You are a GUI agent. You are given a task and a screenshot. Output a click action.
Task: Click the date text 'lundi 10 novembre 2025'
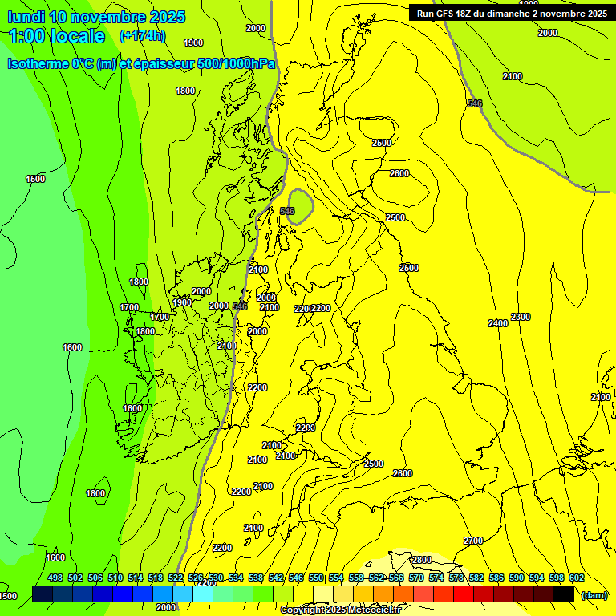coord(96,17)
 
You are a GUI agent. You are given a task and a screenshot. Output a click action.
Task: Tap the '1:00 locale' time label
coord(57,36)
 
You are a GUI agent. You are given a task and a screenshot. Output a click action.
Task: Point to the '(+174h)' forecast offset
coord(142,36)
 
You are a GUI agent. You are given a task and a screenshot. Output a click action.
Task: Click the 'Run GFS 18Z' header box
coord(511,13)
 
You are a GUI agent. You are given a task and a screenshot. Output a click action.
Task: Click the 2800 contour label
coord(422,560)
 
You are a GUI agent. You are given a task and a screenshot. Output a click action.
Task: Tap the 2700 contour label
coord(473,541)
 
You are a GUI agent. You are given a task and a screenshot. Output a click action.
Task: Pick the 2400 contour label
coord(498,323)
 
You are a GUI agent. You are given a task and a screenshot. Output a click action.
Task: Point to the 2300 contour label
coord(521,318)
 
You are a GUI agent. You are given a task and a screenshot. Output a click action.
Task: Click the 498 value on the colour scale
coord(55,577)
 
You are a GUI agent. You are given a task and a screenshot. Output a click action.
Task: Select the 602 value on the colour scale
coord(577,577)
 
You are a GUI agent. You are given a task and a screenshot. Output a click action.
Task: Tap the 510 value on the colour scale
coord(115,577)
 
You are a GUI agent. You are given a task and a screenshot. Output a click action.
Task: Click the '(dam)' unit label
coord(594,594)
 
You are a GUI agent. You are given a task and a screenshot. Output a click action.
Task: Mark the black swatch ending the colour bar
coord(563,594)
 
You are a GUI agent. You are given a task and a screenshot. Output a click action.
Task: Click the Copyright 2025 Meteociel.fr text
coord(340,610)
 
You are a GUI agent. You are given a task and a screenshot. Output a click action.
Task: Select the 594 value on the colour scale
coord(537,577)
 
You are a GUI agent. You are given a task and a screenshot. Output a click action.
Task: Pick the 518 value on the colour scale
coord(156,577)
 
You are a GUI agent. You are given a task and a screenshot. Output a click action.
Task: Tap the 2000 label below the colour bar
coord(166,607)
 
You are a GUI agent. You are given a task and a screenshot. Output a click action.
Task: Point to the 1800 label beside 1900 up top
coord(185,91)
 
